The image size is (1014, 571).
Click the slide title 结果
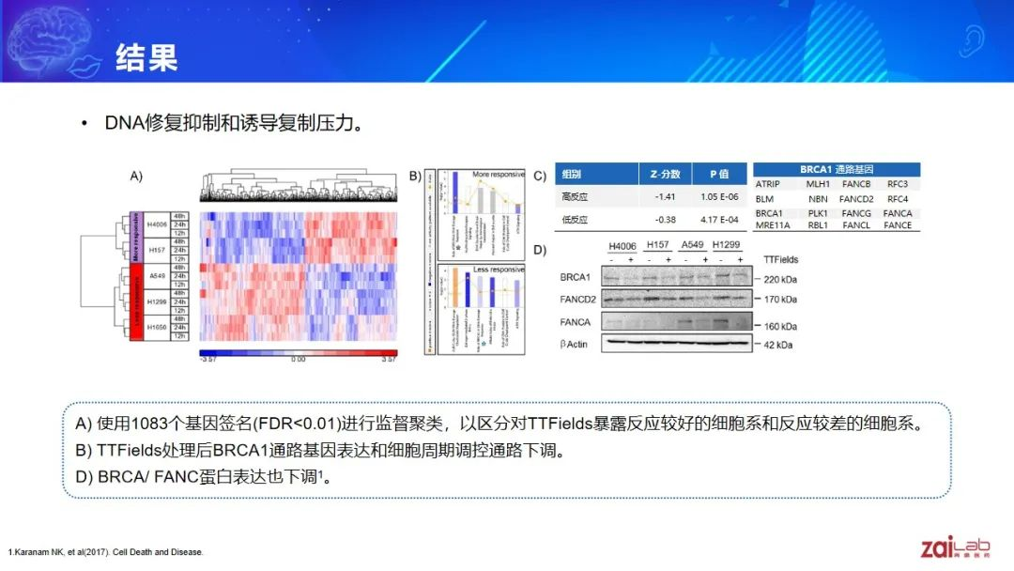tap(146, 58)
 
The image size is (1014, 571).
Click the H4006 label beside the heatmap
tap(157, 224)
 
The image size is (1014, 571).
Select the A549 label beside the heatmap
tap(157, 276)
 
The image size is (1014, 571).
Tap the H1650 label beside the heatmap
tap(157, 328)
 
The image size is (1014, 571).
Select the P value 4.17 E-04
tap(720, 221)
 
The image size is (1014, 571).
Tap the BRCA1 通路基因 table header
tap(836, 170)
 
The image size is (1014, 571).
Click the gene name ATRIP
tap(768, 184)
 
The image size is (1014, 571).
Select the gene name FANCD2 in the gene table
tap(855, 199)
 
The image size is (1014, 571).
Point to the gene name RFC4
tap(898, 199)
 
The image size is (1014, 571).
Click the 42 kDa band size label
tap(777, 345)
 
